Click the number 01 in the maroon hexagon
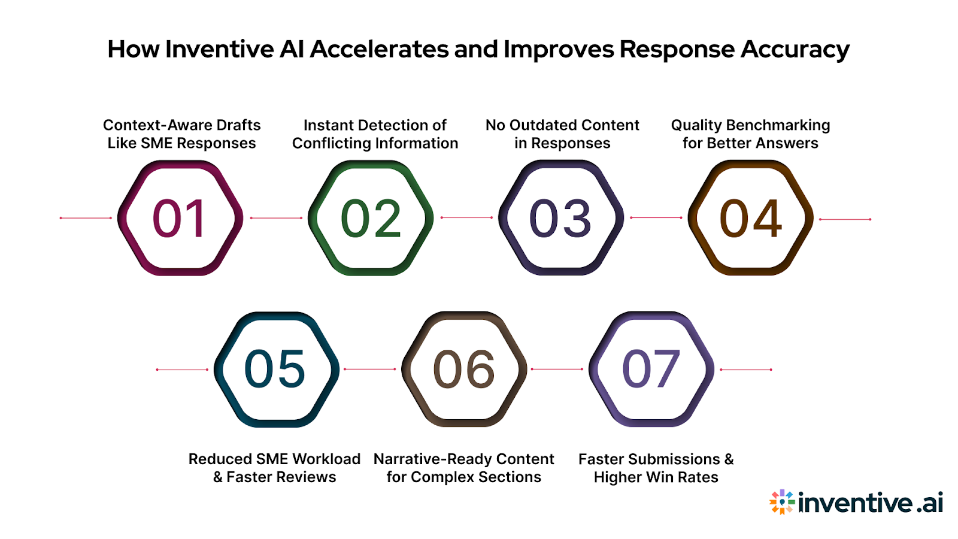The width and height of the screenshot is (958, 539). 180,219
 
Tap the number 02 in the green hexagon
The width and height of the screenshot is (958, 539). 371,219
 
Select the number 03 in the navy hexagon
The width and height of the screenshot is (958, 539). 560,219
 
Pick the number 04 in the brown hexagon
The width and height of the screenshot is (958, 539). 750,219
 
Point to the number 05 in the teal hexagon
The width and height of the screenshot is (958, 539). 275,369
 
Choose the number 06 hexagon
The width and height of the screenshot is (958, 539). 464,369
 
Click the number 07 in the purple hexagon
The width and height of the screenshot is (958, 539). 651,369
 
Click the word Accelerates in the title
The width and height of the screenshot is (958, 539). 380,49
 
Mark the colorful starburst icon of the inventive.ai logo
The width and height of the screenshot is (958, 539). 782,502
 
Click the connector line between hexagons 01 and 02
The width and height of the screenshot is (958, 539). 276,218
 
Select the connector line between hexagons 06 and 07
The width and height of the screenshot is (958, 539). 557,370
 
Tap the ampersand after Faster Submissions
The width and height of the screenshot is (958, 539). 729,459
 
